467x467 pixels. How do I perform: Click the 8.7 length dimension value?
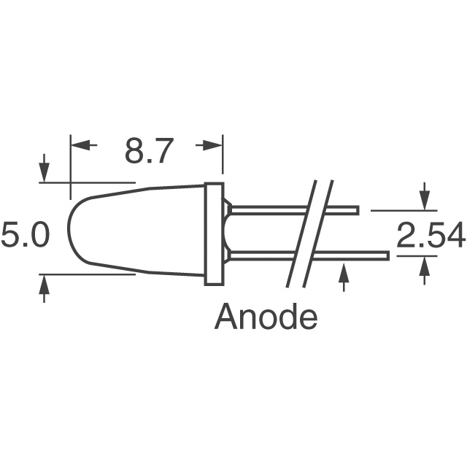click(147, 152)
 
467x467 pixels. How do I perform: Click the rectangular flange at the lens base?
click(214, 233)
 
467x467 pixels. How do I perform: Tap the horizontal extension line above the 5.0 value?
click(88, 182)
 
